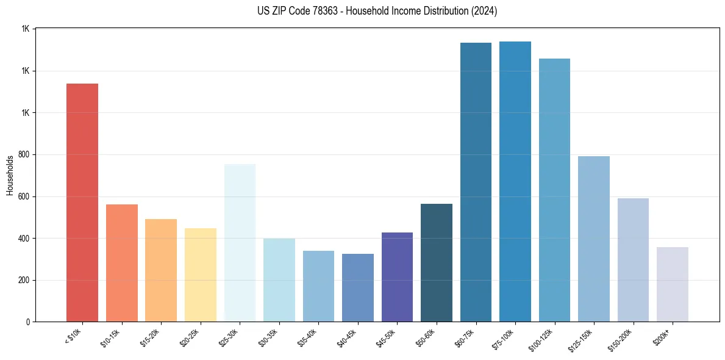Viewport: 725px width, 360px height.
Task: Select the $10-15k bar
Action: coord(122,263)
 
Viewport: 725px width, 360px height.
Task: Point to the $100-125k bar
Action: coord(554,190)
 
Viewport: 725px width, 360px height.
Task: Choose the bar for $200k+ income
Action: coord(672,284)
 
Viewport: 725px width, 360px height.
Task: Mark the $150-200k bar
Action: coord(633,260)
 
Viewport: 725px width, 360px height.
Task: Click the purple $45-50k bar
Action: coord(397,277)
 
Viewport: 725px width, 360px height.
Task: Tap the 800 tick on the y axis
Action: coord(23,155)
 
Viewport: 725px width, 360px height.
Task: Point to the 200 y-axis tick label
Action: coord(23,281)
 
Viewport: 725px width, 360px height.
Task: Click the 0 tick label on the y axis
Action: coord(27,322)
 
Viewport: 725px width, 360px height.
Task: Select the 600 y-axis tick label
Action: coord(23,197)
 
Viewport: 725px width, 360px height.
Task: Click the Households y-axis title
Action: coord(10,175)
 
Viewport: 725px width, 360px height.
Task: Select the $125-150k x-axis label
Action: coord(584,338)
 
